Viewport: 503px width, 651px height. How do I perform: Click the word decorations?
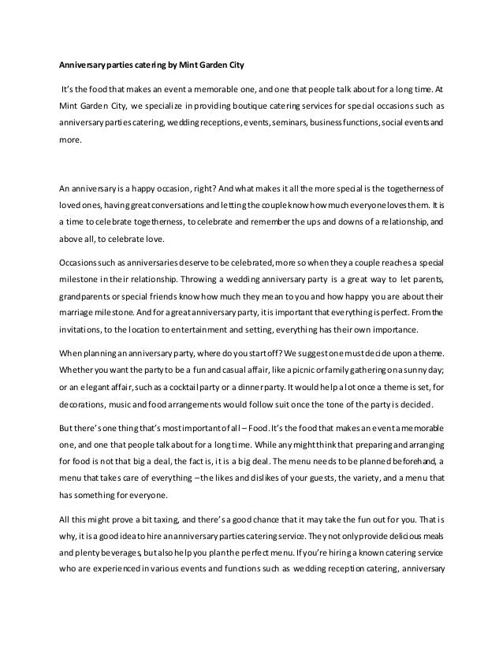point(86,414)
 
